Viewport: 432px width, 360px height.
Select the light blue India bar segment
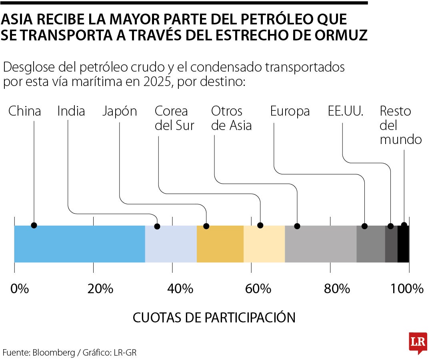(171, 244)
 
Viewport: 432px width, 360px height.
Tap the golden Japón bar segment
(220, 244)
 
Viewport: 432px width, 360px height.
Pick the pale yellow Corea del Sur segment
(264, 244)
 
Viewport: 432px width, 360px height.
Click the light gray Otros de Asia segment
(320, 244)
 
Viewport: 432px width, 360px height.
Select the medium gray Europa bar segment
(370, 244)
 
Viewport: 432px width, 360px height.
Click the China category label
(25, 111)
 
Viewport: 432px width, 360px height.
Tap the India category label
(71, 111)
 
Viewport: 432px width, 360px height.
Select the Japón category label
(120, 112)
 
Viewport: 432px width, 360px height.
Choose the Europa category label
(290, 111)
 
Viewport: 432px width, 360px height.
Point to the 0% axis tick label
(20, 288)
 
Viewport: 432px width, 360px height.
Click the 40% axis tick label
(178, 288)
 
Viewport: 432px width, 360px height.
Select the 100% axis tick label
(407, 288)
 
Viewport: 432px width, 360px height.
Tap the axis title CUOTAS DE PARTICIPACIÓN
(214, 318)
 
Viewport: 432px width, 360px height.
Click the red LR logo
(418, 342)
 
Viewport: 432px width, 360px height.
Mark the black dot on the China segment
(34, 225)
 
